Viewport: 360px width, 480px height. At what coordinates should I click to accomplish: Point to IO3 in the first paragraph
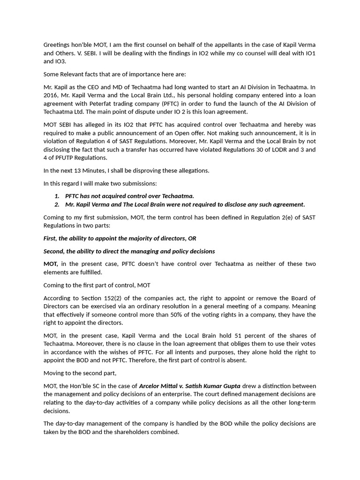49,61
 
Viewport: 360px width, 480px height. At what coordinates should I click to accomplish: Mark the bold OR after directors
192,239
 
